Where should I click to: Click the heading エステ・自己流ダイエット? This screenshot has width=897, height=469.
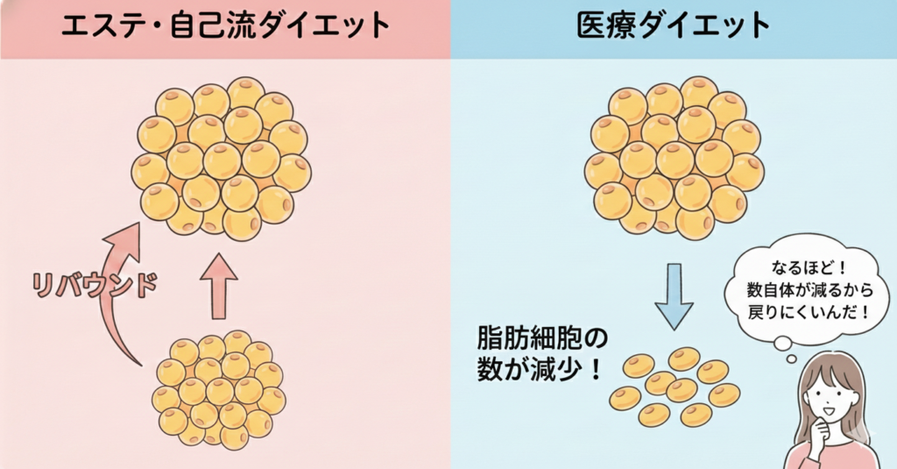click(x=225, y=26)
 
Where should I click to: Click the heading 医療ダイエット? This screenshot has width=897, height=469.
click(x=674, y=26)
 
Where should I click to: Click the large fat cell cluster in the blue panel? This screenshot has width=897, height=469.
click(x=674, y=158)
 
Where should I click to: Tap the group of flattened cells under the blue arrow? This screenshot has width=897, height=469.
click(x=675, y=387)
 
